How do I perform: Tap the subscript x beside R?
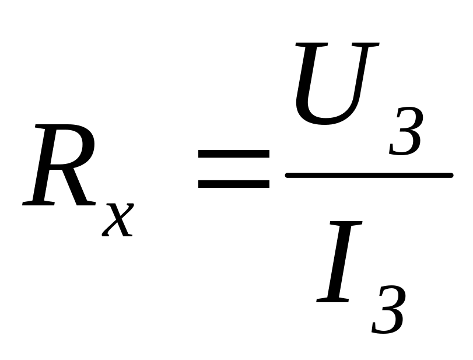pyautogui.click(x=118, y=219)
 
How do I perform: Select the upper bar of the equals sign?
pyautogui.click(x=233, y=155)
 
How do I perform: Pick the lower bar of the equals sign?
pyautogui.click(x=233, y=183)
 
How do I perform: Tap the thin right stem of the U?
pyautogui.click(x=365, y=76)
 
